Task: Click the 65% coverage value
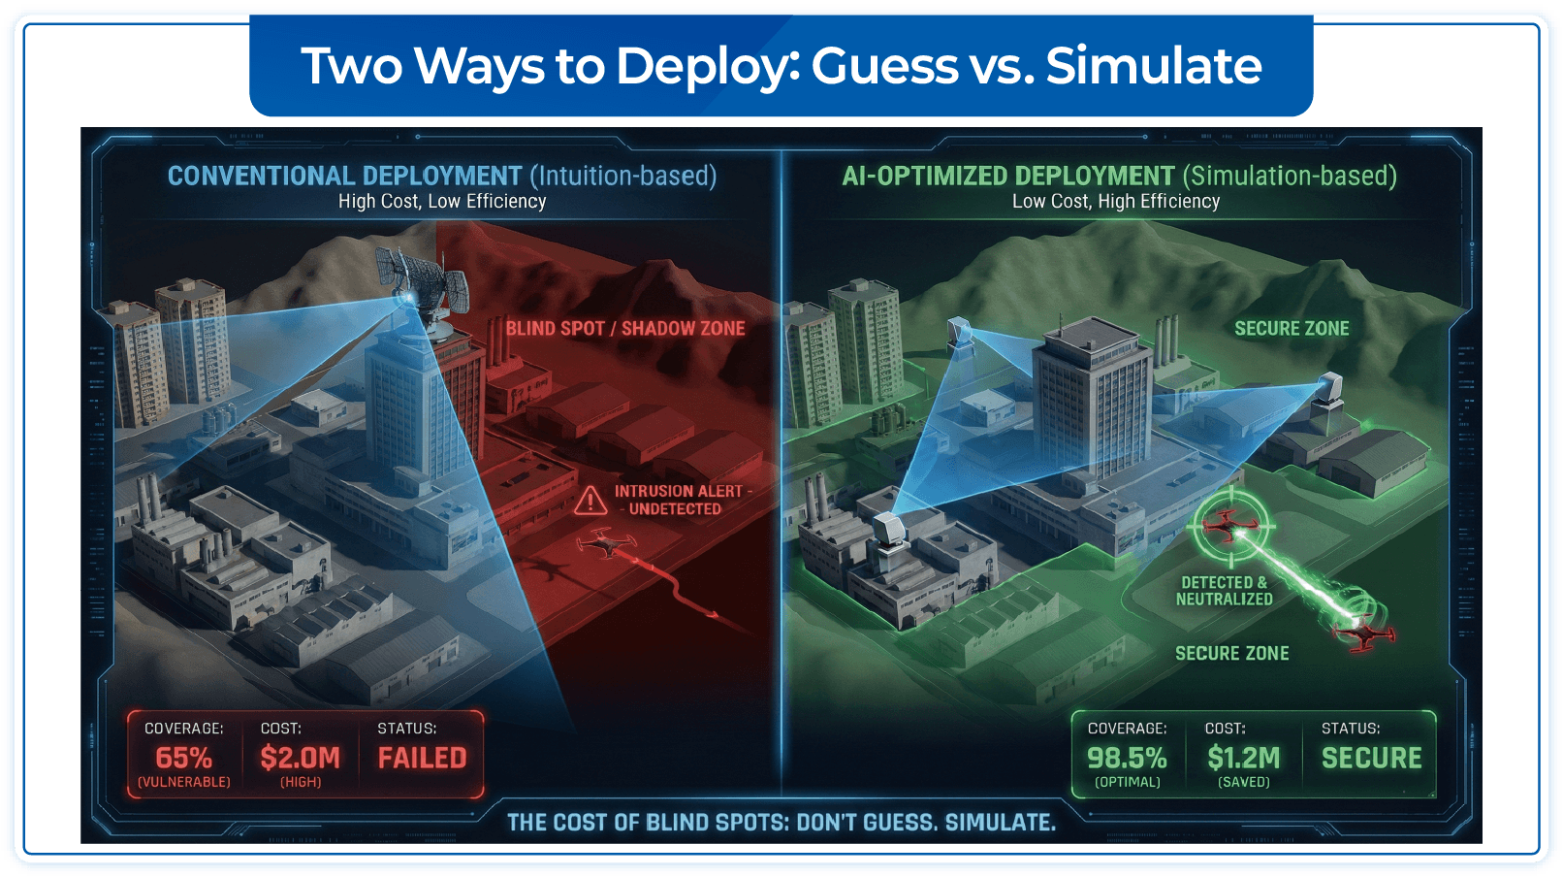pos(183,758)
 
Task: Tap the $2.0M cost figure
pos(300,758)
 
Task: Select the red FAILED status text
pos(422,758)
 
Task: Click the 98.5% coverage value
pos(1127,758)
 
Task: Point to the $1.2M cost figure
pos(1244,758)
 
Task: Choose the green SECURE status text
pos(1371,758)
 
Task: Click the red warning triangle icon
pos(590,501)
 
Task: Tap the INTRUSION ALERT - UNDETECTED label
pos(678,500)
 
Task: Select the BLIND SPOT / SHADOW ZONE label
pos(625,329)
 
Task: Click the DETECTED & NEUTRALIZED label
pos(1224,591)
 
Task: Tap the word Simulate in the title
pos(1154,66)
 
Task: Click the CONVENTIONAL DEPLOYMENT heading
pos(345,176)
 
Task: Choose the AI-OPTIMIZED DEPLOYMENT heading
pos(1008,176)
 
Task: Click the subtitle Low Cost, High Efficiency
pos(1116,202)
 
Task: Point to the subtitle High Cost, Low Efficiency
pos(442,202)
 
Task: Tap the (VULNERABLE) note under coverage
pos(183,782)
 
